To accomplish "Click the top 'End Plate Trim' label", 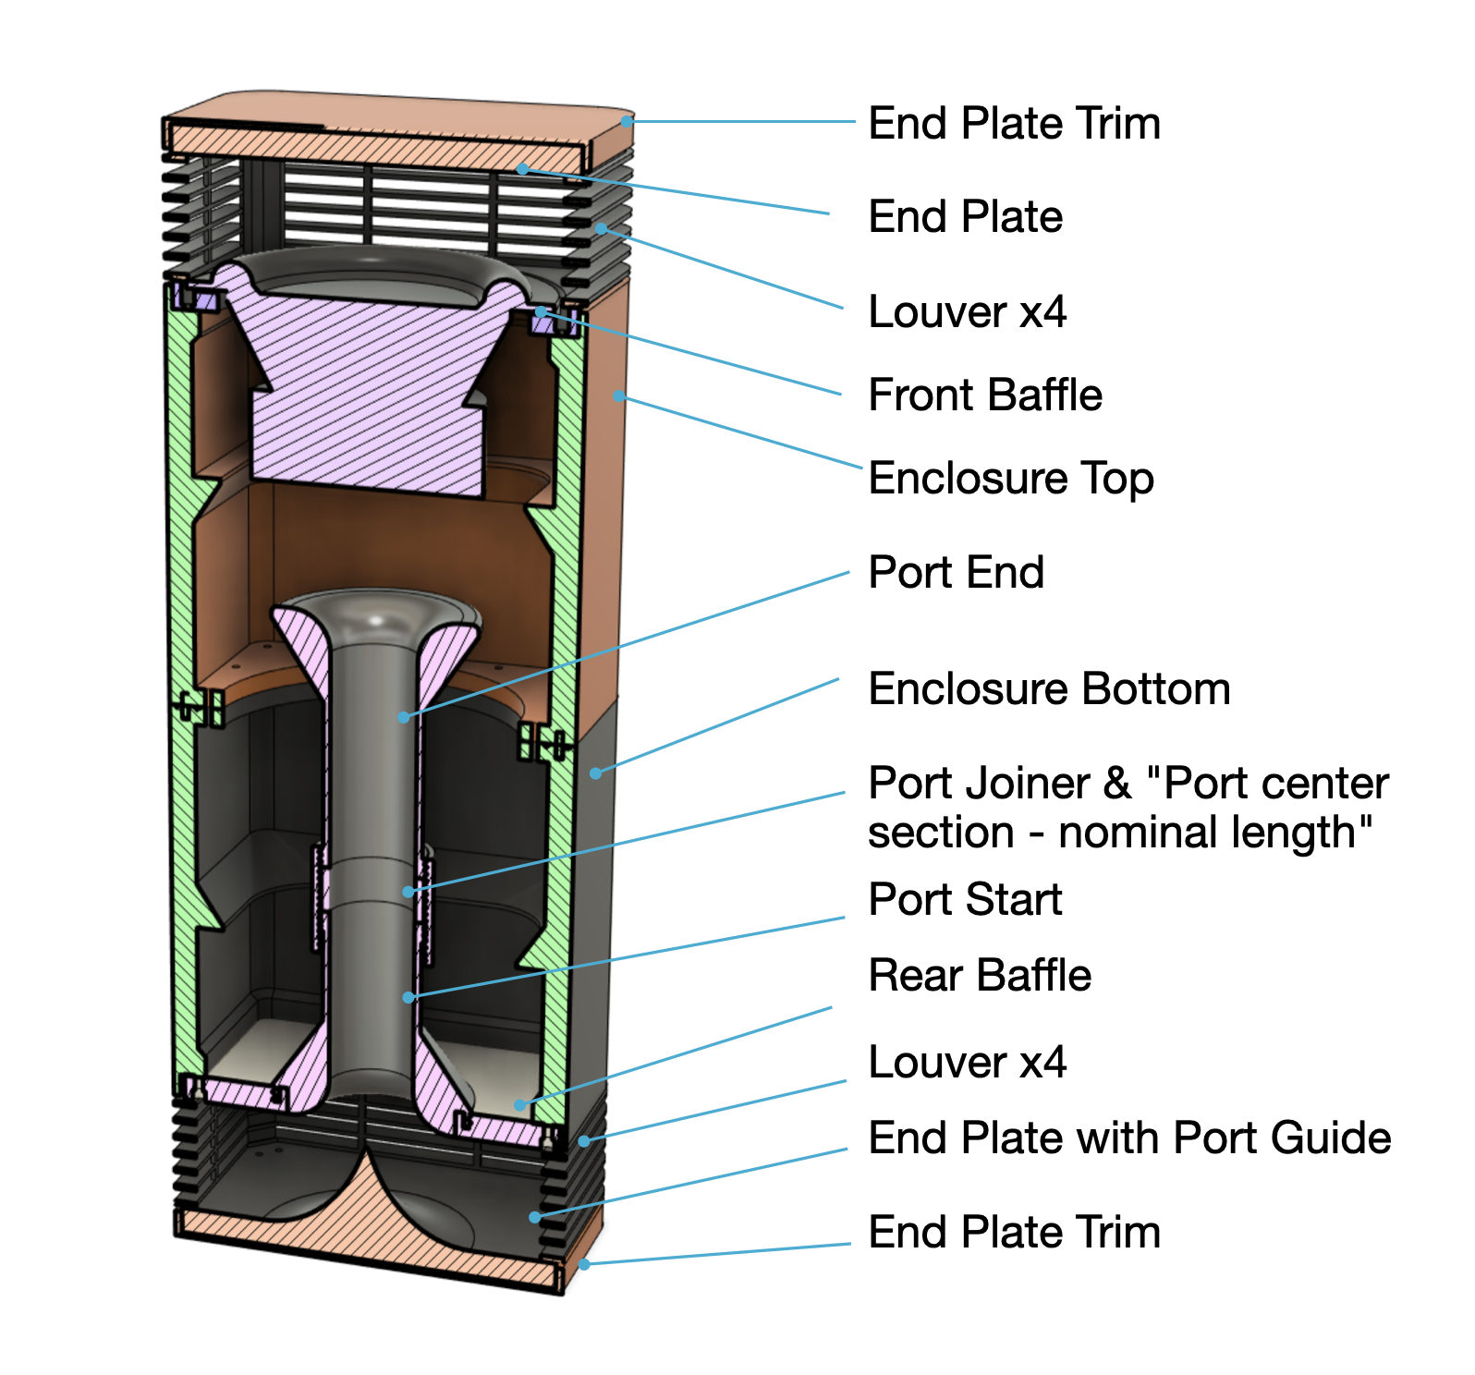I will [x=1014, y=124].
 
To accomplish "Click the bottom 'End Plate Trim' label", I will [x=1014, y=1232].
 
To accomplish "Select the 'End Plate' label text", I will [x=965, y=217].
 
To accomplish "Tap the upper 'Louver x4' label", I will [x=967, y=311].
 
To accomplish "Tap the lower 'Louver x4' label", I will [x=967, y=1062].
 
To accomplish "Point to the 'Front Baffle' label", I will [x=985, y=395].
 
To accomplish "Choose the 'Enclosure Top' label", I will [x=1011, y=479].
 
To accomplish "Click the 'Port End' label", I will [x=956, y=572].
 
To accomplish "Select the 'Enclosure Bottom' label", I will [x=1049, y=689].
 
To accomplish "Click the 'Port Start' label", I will [x=965, y=899].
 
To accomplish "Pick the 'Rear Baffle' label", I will [x=980, y=976].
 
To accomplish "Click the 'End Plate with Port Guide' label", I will [x=1129, y=1138].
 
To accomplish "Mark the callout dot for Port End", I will [x=404, y=717].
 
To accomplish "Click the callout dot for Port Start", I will [x=408, y=997].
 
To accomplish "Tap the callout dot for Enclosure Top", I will [x=618, y=396].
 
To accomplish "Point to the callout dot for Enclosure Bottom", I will [x=596, y=773].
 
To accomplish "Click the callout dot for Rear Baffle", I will [x=520, y=1104].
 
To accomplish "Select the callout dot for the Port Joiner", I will [x=408, y=892].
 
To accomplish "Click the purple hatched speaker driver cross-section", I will [x=370, y=388].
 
